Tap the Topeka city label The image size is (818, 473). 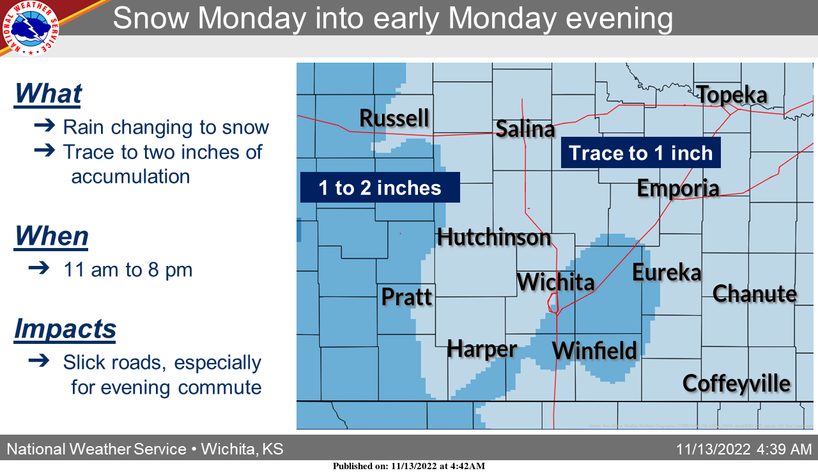click(x=732, y=95)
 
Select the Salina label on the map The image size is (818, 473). click(x=525, y=128)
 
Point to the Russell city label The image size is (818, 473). click(x=394, y=118)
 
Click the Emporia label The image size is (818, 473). click(x=678, y=189)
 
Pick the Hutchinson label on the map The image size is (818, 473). click(x=494, y=237)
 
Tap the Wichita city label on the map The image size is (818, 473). click(x=555, y=282)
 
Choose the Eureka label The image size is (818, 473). click(x=667, y=273)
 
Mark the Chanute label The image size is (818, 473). click(x=755, y=294)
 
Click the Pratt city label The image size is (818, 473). click(x=407, y=297)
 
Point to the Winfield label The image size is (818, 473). click(x=594, y=350)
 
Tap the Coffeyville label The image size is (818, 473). click(x=736, y=384)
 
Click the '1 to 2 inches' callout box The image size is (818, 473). click(x=380, y=188)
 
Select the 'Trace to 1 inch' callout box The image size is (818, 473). click(x=640, y=153)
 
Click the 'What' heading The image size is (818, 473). click(x=48, y=93)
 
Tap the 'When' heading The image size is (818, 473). click(x=51, y=236)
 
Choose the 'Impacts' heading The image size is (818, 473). click(x=65, y=329)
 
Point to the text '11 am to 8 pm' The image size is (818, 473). click(x=128, y=270)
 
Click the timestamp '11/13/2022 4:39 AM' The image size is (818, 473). click(x=744, y=449)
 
